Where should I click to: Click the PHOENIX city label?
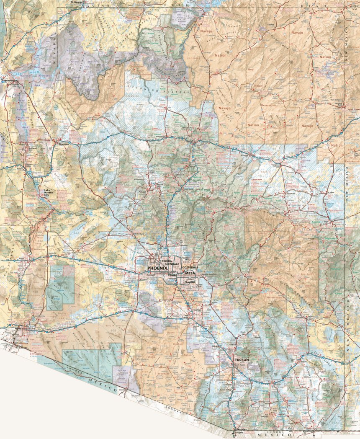(x=157, y=268)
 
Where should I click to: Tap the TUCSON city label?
(x=242, y=360)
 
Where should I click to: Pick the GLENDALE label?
(x=172, y=264)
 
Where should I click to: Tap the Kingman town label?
(x=63, y=144)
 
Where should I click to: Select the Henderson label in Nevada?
(x=10, y=80)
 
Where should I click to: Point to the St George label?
(x=77, y=2)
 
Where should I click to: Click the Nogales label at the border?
(x=241, y=430)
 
